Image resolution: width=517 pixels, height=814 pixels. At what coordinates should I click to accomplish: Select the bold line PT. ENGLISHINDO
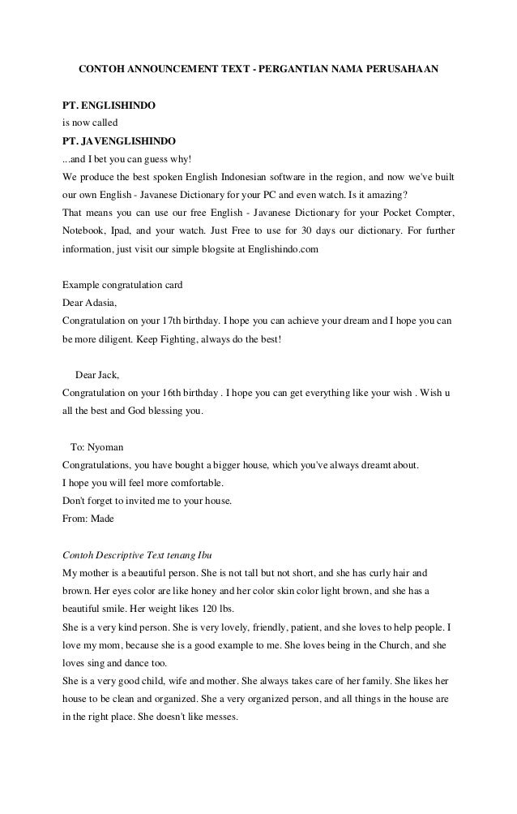click(109, 106)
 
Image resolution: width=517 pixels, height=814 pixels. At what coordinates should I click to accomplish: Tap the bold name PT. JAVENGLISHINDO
click(117, 141)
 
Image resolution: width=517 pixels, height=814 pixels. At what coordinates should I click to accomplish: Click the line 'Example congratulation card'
click(122, 285)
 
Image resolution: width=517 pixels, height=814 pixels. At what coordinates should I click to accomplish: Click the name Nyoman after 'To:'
click(106, 446)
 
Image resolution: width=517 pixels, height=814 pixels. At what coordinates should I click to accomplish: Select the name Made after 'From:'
click(101, 518)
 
